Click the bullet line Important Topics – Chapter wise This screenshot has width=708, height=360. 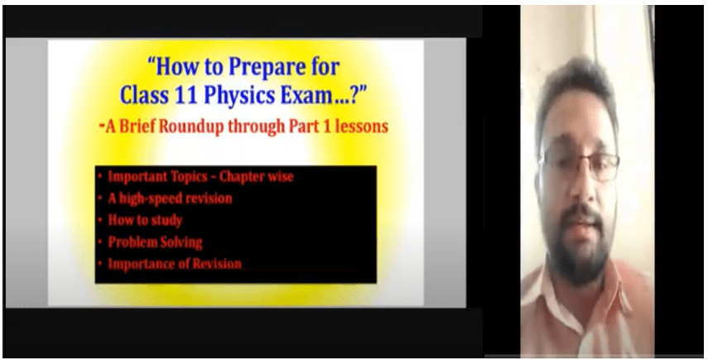pyautogui.click(x=200, y=177)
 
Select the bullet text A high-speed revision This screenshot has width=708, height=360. pyautogui.click(x=170, y=199)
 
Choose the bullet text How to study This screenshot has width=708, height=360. pyautogui.click(x=145, y=221)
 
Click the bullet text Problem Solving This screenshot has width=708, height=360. pyautogui.click(x=155, y=242)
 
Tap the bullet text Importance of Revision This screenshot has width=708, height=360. pyautogui.click(x=174, y=264)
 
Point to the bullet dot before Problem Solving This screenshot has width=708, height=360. pyautogui.click(x=100, y=242)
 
